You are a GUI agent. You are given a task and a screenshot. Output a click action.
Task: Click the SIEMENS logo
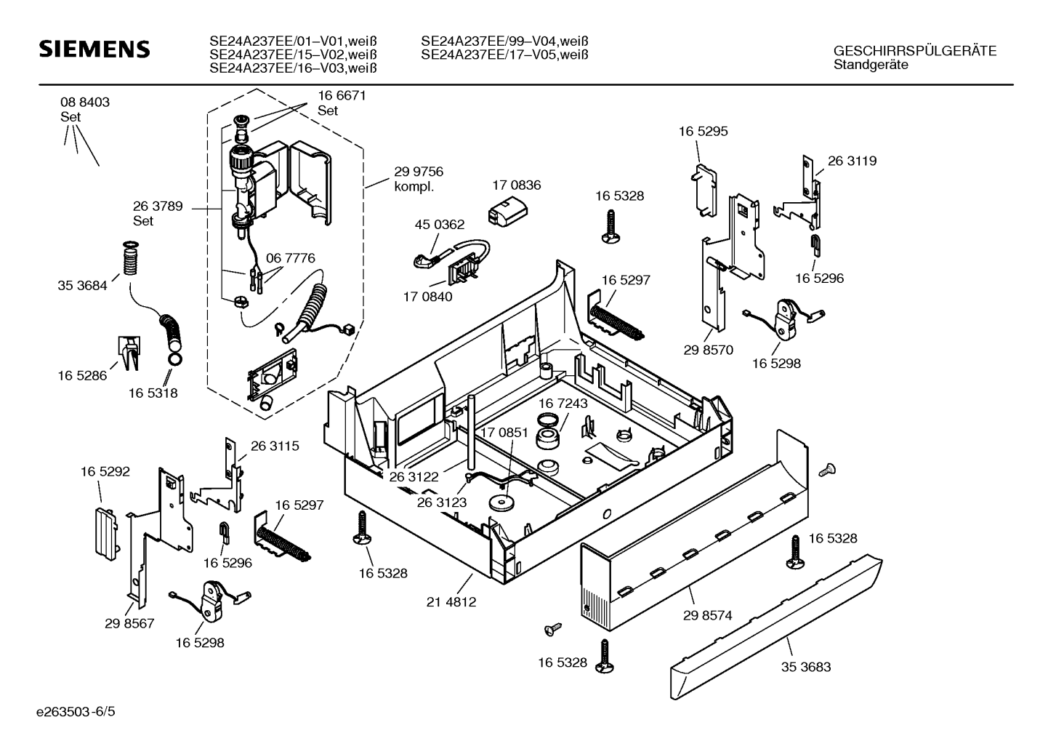[x=94, y=49]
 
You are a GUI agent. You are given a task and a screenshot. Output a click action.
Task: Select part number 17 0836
[x=517, y=185]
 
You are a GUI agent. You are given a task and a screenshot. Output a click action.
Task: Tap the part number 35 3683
[x=806, y=667]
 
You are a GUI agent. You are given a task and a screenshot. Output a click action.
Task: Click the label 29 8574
[x=707, y=615]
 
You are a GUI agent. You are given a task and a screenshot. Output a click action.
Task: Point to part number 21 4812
[x=451, y=602]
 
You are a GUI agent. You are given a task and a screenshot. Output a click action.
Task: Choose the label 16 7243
[x=563, y=403]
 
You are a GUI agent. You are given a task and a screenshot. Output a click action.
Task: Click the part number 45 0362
[x=440, y=225]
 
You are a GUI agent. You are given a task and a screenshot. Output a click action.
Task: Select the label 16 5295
[x=703, y=132]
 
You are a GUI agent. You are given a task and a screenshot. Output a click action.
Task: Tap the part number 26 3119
[x=852, y=161]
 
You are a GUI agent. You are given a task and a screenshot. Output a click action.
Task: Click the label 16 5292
[x=105, y=472]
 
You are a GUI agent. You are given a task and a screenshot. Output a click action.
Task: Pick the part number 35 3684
[x=82, y=286]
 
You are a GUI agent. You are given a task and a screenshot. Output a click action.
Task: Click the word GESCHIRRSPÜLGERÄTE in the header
[x=914, y=51]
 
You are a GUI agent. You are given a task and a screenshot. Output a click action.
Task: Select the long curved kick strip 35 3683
[x=778, y=625]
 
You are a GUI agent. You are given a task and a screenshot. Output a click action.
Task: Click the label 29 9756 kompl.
[x=418, y=179]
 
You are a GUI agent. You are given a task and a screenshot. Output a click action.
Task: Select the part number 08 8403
[x=85, y=103]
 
